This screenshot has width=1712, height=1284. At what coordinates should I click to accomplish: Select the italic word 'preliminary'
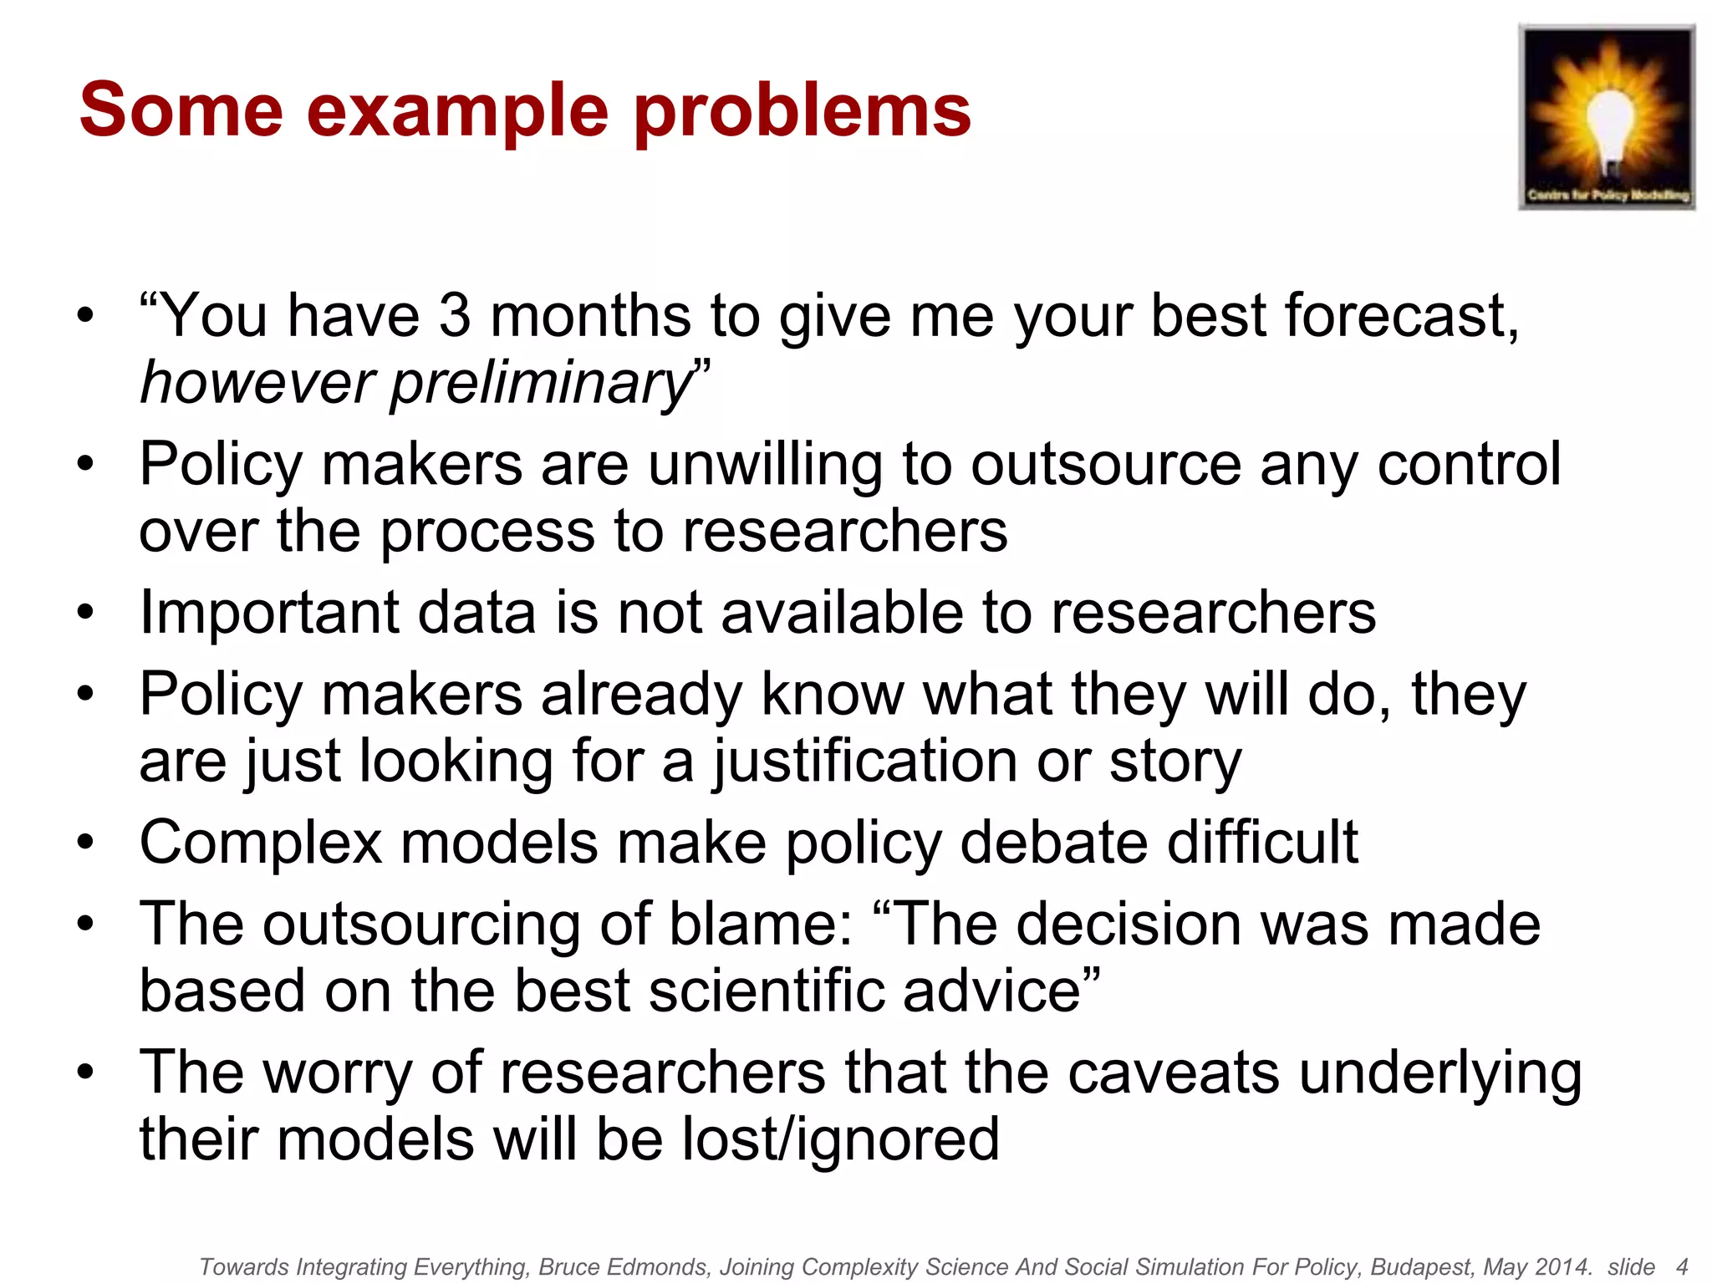(541, 383)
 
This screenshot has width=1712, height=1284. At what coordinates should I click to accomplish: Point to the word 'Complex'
(260, 843)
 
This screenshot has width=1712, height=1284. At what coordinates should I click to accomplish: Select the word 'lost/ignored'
(840, 1139)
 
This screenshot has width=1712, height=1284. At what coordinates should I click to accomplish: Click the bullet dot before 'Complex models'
(85, 843)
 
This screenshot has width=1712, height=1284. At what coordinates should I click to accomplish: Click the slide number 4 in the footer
(1682, 1267)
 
